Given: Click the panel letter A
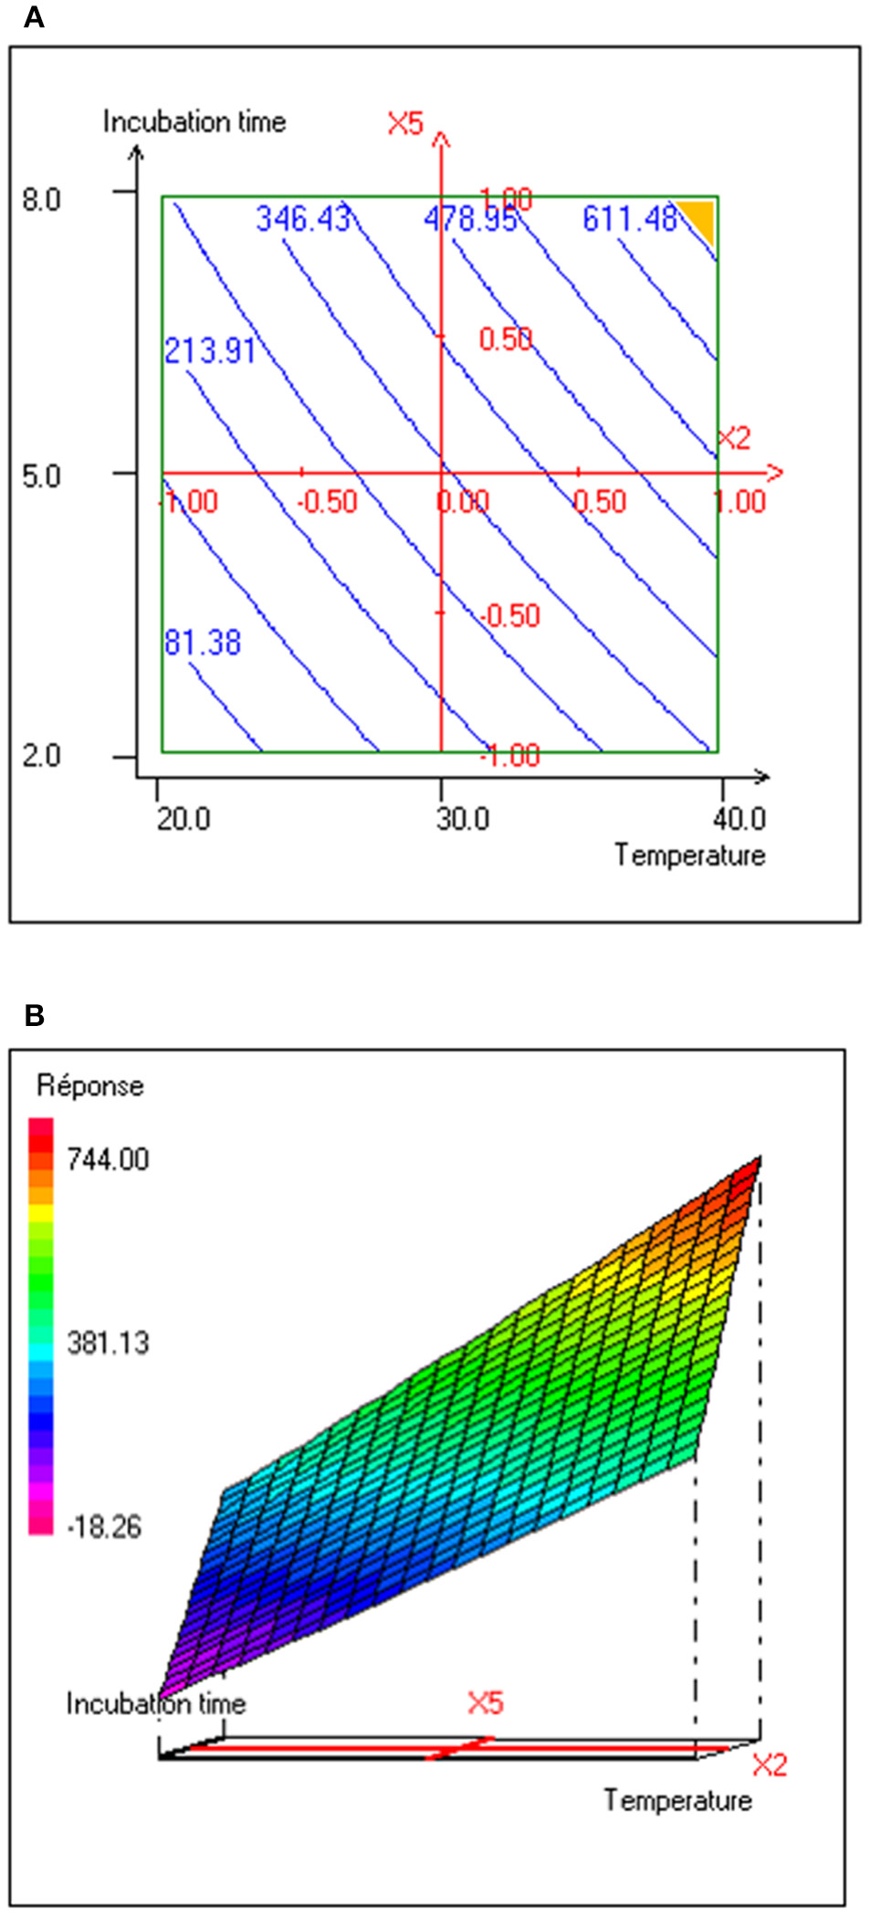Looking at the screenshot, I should tap(33, 17).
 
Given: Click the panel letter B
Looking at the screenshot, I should tap(34, 1015).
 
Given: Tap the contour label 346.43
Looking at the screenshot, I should tap(302, 219).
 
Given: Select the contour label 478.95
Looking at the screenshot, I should tap(470, 219).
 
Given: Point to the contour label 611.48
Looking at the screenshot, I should tap(630, 219).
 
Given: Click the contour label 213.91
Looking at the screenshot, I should tap(209, 351).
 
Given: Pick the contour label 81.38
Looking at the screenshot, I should tap(203, 643).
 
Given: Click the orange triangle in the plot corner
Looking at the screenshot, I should tap(698, 217).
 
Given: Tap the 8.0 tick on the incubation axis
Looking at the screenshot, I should tap(41, 199).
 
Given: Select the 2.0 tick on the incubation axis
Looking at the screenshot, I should tap(41, 756).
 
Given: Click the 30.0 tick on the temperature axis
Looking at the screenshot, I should tap(462, 819).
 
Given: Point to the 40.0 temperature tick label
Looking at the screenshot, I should tap(739, 819).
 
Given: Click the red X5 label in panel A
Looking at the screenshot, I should tap(405, 123).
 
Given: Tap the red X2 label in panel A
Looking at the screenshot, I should tap(734, 438).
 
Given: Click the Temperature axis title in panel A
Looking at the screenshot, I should tap(689, 855).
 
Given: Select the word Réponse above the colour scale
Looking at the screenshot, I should tap(89, 1085).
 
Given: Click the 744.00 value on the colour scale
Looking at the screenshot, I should tap(108, 1159).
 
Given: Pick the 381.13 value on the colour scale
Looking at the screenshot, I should tap(108, 1343).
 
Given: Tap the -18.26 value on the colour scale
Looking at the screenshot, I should tap(104, 1526).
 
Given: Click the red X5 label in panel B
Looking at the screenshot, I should tap(485, 1702).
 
